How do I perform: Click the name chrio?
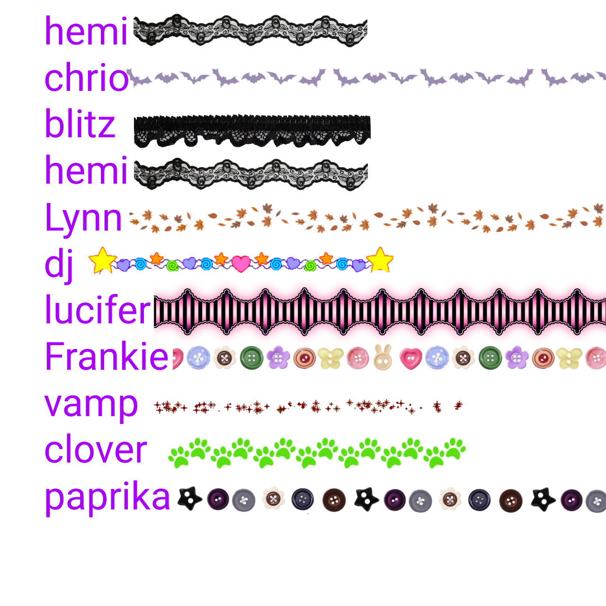pos(87,77)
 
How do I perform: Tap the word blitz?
pos(80,123)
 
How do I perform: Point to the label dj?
pos(60,265)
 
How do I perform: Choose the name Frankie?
pos(107,356)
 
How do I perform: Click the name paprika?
pos(107,498)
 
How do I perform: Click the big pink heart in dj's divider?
pos(241,264)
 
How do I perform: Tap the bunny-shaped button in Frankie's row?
pos(383,357)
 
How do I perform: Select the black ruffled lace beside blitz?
pos(252,131)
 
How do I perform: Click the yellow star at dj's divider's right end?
pos(380,260)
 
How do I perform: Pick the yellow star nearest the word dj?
pos(103,260)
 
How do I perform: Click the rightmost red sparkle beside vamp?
pos(458,405)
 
